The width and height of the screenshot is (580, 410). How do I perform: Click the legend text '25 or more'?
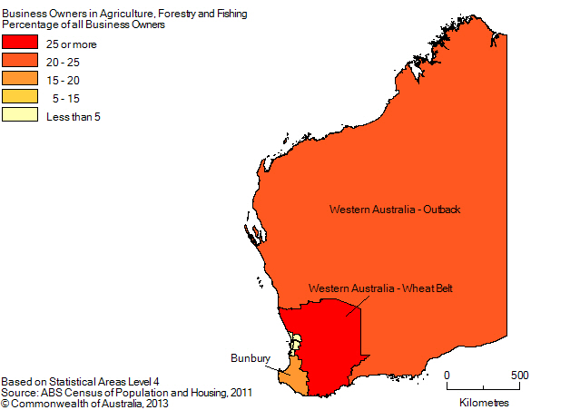point(71,44)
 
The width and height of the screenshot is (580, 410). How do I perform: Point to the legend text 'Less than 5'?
point(73,116)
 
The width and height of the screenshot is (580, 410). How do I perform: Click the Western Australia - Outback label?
point(395,210)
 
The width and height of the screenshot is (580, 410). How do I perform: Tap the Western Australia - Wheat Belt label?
point(380,288)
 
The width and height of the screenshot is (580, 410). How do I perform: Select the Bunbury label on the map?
point(250,359)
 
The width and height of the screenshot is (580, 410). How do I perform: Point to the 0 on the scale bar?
point(447,375)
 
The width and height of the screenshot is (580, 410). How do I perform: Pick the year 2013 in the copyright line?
point(155,402)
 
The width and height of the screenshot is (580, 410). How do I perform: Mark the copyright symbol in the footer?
point(5,402)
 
